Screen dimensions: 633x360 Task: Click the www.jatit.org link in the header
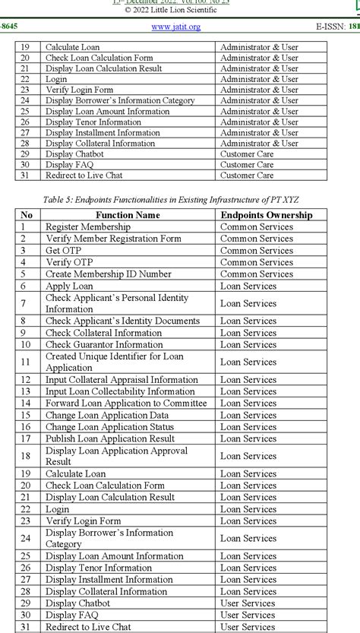[x=176, y=27]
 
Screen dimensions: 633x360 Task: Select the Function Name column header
[x=128, y=215]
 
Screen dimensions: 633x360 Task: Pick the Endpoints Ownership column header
[x=266, y=215]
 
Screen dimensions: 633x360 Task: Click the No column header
[x=27, y=215]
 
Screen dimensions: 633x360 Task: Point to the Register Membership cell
[x=87, y=226]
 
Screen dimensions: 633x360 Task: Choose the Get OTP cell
[x=63, y=250]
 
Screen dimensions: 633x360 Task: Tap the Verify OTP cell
[x=69, y=262]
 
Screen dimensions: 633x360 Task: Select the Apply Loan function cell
[x=69, y=286]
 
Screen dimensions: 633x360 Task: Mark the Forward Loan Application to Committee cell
[x=125, y=403]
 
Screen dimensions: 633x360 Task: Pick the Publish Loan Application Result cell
[x=110, y=438]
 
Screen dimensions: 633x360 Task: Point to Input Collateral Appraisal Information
[x=122, y=379]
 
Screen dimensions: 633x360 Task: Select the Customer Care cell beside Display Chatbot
[x=247, y=154]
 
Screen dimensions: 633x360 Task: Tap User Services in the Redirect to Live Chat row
[x=248, y=627]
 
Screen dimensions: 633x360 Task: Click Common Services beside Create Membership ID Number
[x=256, y=274]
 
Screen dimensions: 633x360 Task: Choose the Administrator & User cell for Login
[x=259, y=79]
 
